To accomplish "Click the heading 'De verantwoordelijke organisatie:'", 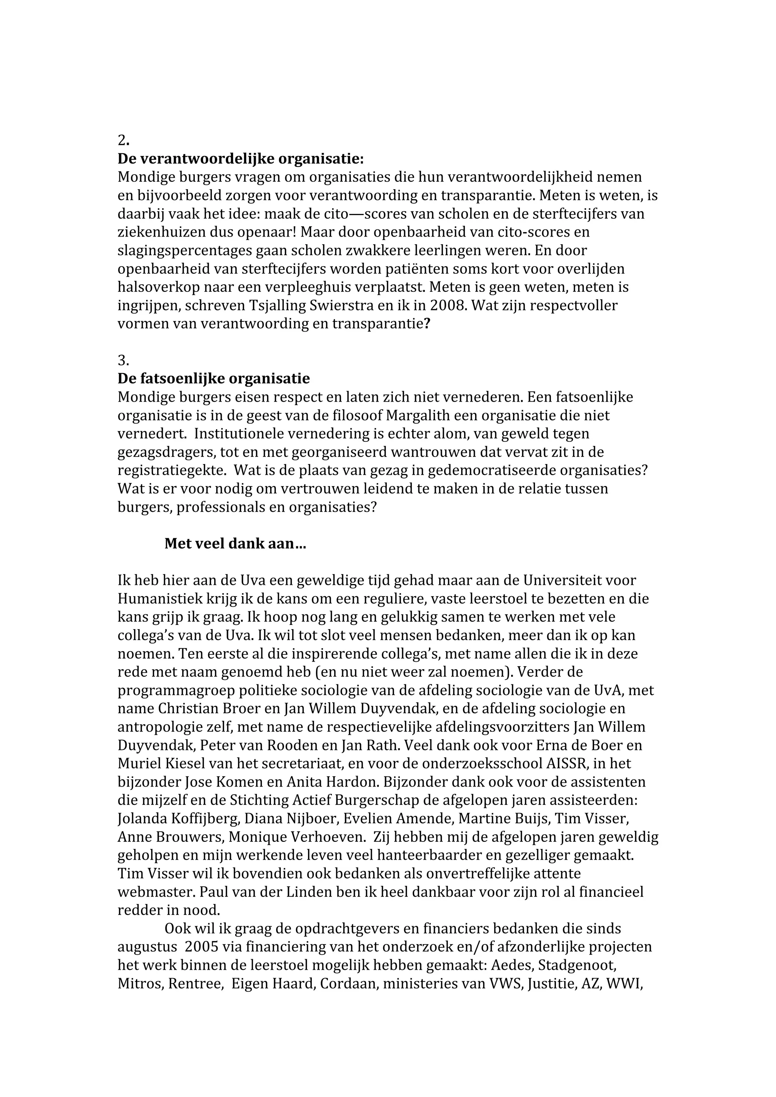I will click(241, 159).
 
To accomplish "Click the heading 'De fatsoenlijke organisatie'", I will click(213, 379).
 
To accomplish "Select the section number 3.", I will click(123, 360).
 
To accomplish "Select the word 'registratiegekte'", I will click(172, 471).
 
